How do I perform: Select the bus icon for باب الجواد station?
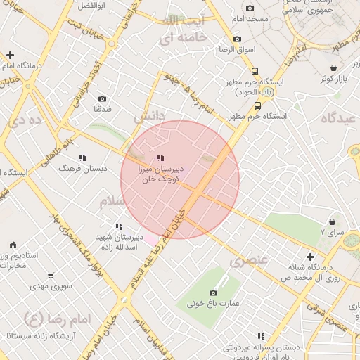254,70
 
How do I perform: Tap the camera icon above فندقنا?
103,98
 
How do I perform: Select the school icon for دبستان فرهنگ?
82,158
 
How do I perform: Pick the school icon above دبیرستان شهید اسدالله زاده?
119,226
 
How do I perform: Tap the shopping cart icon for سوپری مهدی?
50,276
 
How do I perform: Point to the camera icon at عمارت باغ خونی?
214,292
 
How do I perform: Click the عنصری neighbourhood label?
249,260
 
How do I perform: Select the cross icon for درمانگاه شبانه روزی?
310,257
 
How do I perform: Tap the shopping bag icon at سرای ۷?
332,221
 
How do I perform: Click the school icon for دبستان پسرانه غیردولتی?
262,337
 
